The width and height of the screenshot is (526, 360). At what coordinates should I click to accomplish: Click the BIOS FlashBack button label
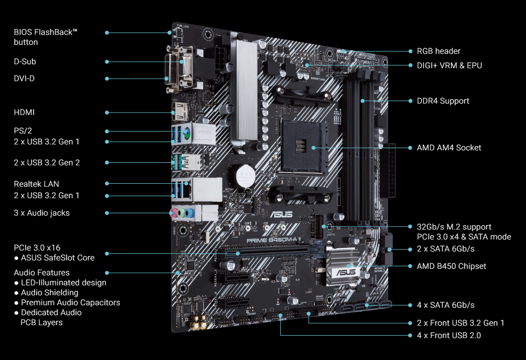[46, 37]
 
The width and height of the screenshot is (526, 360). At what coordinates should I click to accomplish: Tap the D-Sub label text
[25, 61]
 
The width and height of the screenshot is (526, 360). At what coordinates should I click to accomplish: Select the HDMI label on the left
[24, 112]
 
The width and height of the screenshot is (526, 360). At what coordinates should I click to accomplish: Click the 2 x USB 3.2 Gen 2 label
[47, 162]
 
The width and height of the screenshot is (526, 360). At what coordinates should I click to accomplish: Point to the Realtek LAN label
[36, 184]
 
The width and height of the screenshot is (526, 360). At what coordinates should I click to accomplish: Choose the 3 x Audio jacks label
[42, 213]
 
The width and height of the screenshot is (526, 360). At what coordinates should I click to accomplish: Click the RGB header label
[438, 51]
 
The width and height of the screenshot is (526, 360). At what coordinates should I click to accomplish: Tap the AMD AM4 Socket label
[449, 147]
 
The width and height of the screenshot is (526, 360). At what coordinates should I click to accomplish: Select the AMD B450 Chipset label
[451, 266]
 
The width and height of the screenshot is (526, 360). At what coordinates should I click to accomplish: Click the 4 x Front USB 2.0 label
[449, 335]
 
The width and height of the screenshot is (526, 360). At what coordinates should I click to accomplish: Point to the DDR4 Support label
[443, 101]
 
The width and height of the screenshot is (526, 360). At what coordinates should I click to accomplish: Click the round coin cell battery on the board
[245, 176]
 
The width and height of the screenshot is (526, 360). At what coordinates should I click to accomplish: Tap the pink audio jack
[174, 213]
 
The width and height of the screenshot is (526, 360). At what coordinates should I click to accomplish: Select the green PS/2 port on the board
[187, 133]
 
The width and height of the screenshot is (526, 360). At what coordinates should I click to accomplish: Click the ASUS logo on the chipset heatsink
[345, 272]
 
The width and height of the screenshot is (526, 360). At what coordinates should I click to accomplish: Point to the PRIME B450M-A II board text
[274, 240]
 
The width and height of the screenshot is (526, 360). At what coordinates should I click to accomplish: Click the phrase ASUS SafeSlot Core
[58, 257]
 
